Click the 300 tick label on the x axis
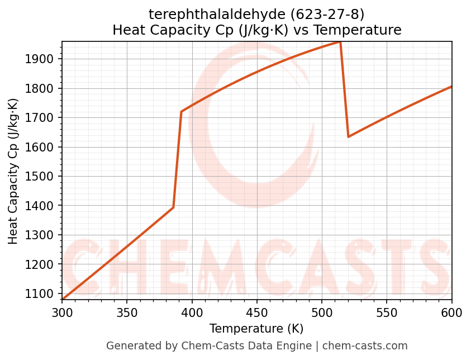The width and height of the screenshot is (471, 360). (62, 312)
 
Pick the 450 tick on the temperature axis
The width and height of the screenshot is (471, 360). (257, 312)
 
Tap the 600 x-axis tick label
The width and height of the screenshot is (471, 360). (451, 312)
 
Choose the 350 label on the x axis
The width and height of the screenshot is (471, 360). (127, 312)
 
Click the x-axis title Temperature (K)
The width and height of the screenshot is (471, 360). (256, 329)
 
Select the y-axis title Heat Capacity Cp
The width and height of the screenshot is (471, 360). (13, 171)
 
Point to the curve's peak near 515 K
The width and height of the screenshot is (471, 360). (340, 42)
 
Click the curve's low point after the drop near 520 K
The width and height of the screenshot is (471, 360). (348, 136)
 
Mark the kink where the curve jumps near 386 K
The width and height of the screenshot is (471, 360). (173, 207)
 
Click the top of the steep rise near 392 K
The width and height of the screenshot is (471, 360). (182, 112)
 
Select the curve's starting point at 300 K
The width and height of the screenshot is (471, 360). (63, 299)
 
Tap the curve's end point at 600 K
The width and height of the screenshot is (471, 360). (451, 87)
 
